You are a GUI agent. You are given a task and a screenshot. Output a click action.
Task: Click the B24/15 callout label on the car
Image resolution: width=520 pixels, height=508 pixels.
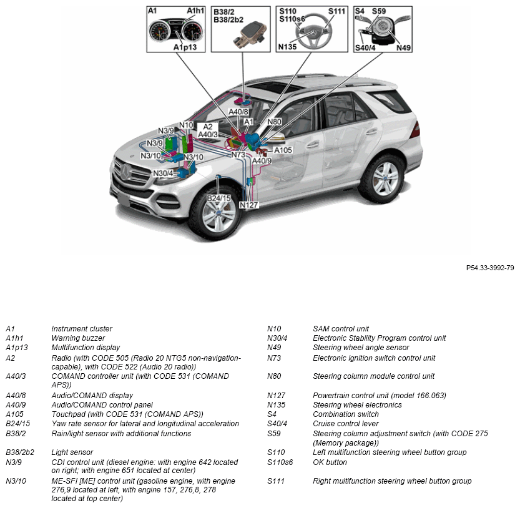click(x=218, y=198)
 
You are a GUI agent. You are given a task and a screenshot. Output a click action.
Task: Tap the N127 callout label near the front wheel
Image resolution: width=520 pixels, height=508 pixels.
click(x=248, y=205)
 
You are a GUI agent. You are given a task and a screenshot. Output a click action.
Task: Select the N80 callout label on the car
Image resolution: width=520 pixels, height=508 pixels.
click(x=275, y=122)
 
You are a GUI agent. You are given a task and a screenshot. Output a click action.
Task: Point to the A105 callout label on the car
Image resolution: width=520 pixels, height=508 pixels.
click(x=283, y=150)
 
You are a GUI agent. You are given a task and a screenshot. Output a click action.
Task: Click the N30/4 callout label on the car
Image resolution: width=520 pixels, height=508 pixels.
click(x=163, y=173)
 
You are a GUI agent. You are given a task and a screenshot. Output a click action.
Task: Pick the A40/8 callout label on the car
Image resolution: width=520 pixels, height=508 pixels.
click(x=238, y=112)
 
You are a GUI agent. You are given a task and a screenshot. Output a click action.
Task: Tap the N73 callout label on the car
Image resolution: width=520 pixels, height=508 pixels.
click(x=238, y=154)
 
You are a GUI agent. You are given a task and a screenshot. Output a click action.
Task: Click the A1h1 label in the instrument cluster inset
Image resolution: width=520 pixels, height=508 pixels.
click(x=195, y=11)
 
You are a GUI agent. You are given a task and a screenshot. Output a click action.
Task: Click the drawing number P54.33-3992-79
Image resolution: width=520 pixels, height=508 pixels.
click(x=490, y=267)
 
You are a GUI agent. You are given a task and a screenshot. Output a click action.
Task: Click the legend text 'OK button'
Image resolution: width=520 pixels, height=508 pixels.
click(x=330, y=462)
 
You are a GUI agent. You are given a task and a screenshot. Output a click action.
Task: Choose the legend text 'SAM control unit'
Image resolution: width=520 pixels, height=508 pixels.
click(x=341, y=329)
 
